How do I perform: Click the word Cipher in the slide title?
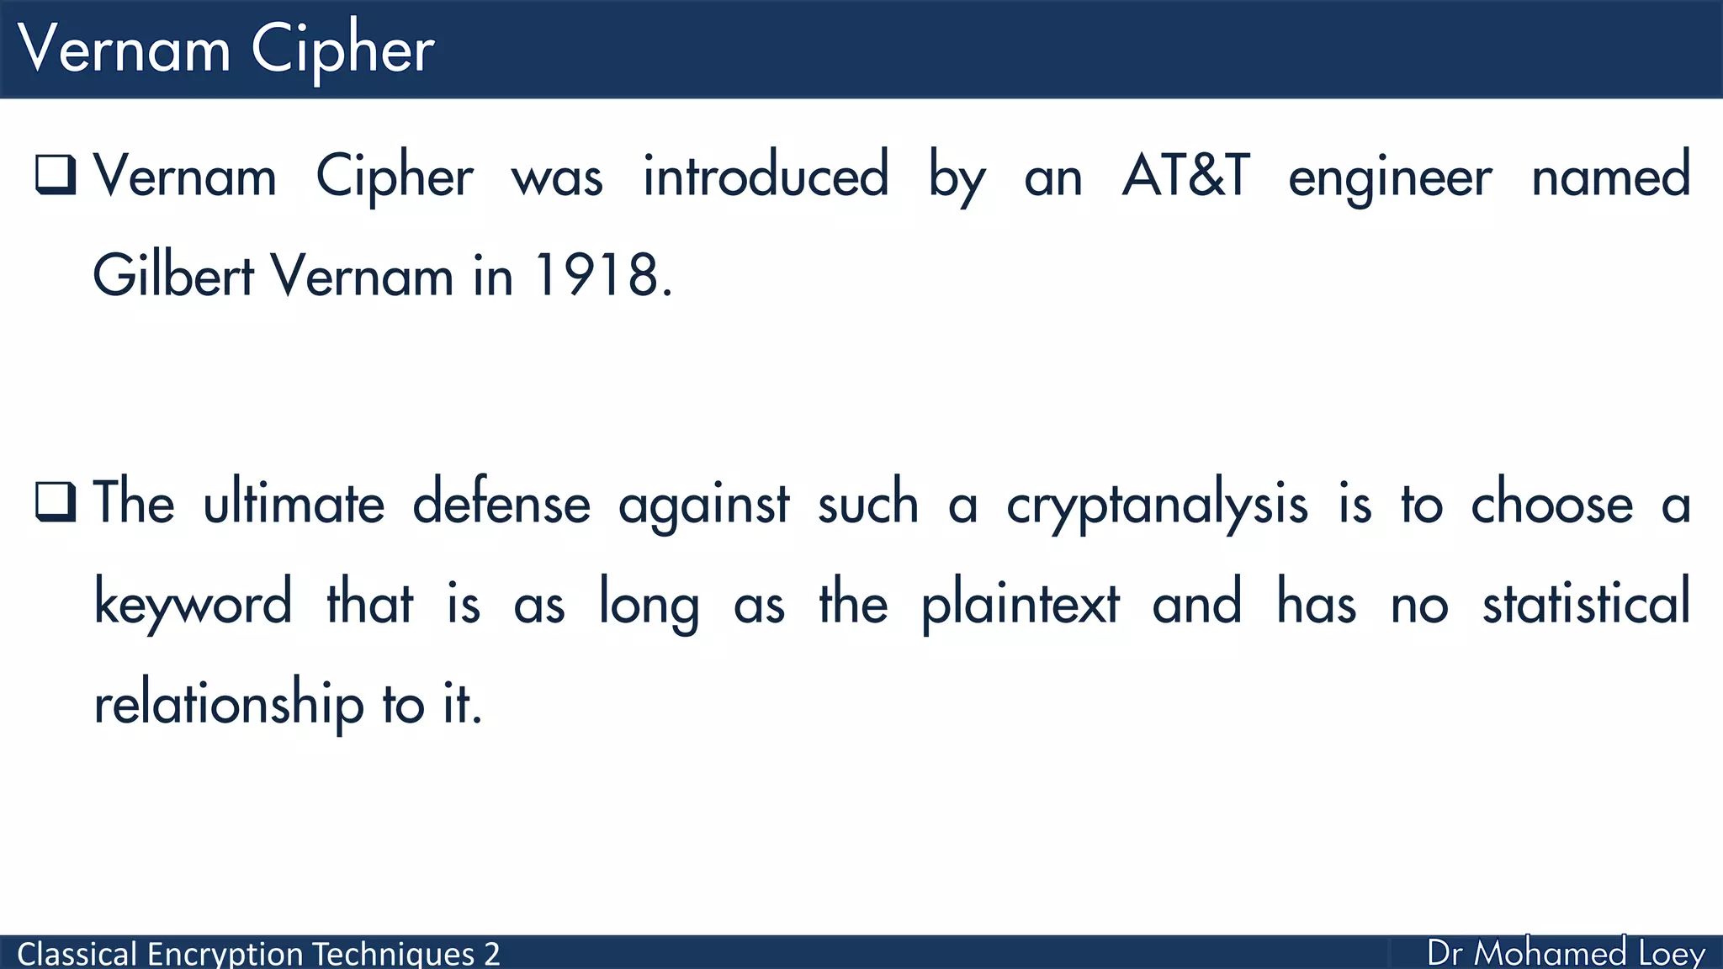(342, 50)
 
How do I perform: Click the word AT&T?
(1186, 177)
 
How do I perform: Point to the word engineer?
(1390, 178)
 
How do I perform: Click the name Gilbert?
(173, 276)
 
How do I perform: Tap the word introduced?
(766, 177)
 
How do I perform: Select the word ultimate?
(294, 504)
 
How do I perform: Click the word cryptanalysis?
(1157, 506)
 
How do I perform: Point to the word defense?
(501, 504)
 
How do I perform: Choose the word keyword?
(193, 604)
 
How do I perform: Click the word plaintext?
(1021, 604)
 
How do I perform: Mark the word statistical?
(1586, 604)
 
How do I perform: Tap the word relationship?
(228, 703)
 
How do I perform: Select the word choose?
(1552, 504)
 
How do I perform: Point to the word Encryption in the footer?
(226, 954)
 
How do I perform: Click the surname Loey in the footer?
(1672, 954)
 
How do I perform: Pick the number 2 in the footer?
(491, 954)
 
